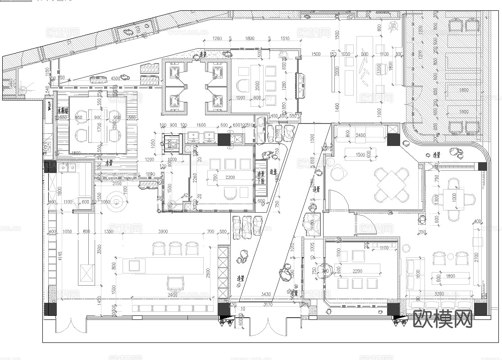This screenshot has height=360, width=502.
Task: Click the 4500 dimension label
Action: click(115, 78)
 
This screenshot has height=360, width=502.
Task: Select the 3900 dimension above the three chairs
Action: click(163, 232)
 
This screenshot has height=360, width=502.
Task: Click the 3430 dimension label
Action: click(266, 295)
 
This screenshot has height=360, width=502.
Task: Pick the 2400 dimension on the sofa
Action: click(361, 135)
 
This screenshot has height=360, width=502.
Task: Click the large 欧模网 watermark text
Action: click(443, 319)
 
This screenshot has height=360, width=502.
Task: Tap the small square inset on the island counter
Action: click(137, 265)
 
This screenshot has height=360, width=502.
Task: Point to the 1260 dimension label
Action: click(217, 38)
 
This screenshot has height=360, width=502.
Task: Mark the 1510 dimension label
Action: click(285, 38)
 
